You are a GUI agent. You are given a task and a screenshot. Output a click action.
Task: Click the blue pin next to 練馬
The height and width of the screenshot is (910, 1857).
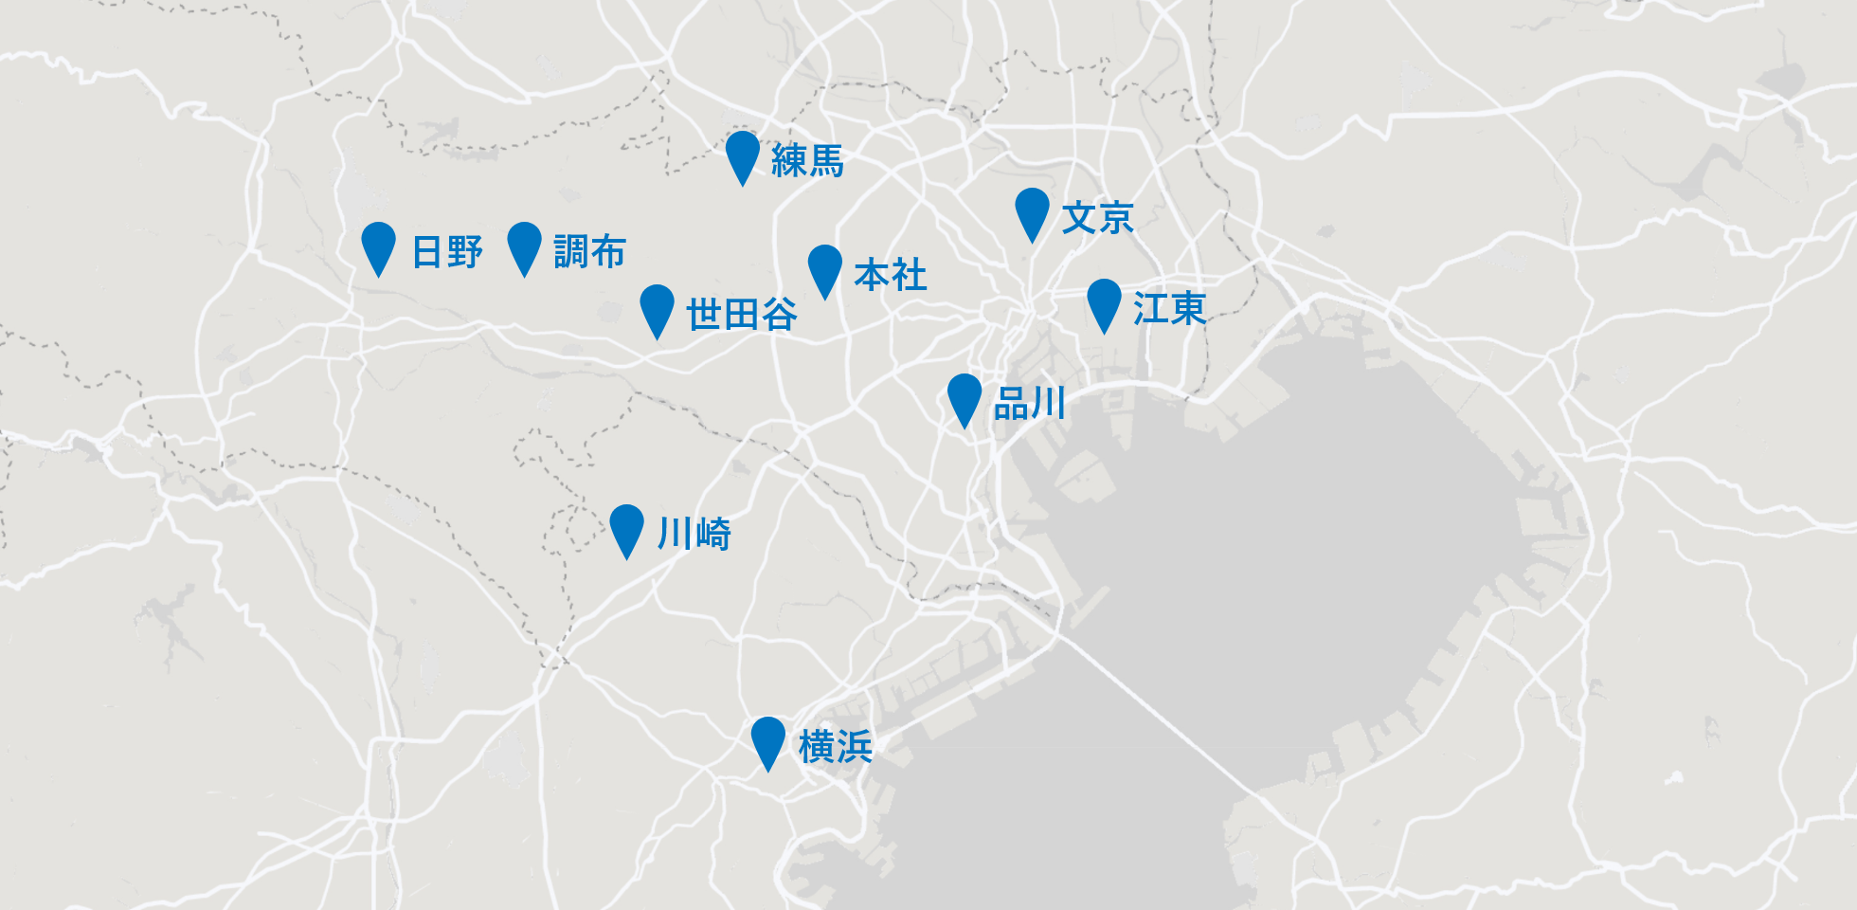pyautogui.click(x=743, y=154)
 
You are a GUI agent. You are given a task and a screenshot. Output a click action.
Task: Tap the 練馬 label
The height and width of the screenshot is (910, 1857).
pyautogui.click(x=807, y=160)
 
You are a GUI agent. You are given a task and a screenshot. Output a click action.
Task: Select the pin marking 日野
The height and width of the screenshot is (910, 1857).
pyautogui.click(x=378, y=245)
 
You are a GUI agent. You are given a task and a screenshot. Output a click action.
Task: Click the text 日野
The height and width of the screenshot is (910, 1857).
pyautogui.click(x=447, y=252)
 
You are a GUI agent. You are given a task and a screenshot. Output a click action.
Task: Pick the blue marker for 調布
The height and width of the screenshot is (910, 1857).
pyautogui.click(x=524, y=245)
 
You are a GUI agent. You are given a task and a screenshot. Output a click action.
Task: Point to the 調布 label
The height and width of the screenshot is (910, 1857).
pyautogui.click(x=589, y=252)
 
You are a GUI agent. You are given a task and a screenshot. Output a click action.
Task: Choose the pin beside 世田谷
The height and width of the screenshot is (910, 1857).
pyautogui.click(x=657, y=307)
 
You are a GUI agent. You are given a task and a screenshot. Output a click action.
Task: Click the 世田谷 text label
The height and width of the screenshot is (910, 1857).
pyautogui.click(x=741, y=314)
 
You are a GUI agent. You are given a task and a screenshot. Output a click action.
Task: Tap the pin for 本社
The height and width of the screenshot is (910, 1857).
pyautogui.click(x=825, y=267)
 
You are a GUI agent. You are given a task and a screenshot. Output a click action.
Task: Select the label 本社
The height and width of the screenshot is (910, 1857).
pyautogui.click(x=890, y=275)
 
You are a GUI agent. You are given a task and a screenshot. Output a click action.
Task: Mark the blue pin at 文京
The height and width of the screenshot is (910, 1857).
pyautogui.click(x=1032, y=210)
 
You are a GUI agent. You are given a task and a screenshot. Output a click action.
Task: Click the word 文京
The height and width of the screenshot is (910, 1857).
pyautogui.click(x=1097, y=218)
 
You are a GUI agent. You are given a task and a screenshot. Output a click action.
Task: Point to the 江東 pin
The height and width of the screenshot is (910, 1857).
pyautogui.click(x=1104, y=301)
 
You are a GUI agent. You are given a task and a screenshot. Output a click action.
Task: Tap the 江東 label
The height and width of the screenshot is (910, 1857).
pyautogui.click(x=1169, y=309)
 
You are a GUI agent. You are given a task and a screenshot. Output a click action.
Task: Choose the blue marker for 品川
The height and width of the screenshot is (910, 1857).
pyautogui.click(x=965, y=396)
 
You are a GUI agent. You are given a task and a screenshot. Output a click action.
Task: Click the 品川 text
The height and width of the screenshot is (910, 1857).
pyautogui.click(x=1030, y=404)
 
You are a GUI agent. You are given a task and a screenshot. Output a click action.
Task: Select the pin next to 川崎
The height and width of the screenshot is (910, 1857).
pyautogui.click(x=626, y=527)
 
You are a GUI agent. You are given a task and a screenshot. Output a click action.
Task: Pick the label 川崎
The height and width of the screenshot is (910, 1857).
pyautogui.click(x=694, y=534)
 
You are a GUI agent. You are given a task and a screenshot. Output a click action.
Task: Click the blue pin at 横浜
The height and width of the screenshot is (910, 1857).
pyautogui.click(x=768, y=739)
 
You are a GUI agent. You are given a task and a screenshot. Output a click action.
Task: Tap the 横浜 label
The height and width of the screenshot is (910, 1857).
pyautogui.click(x=835, y=747)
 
